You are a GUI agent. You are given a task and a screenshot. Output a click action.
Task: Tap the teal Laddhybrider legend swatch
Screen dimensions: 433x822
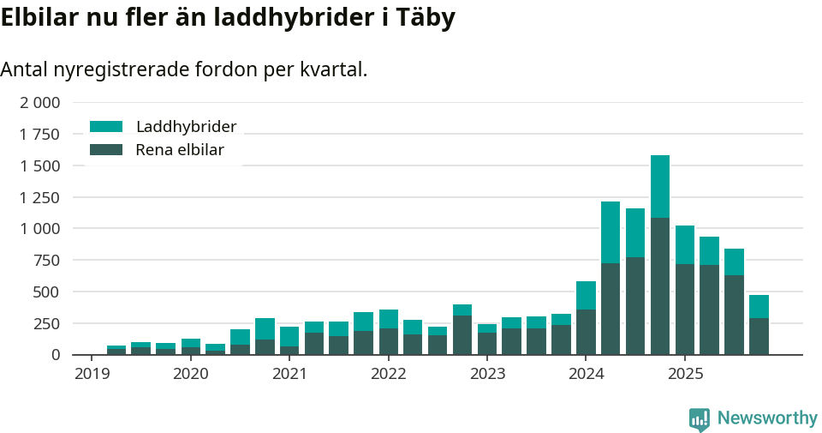coord(106,127)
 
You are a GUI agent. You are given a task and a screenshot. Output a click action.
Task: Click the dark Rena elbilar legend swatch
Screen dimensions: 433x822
coord(106,150)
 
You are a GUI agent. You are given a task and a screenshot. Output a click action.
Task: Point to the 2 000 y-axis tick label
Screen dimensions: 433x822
coord(40,103)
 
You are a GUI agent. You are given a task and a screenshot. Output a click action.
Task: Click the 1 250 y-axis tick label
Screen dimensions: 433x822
coord(40,197)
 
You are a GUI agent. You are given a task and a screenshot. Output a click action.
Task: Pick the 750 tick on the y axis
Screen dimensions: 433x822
coord(47,261)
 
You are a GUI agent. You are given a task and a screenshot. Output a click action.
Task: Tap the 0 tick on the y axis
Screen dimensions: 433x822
coord(56,355)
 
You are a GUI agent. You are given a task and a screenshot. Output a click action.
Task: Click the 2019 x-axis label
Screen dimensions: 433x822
coord(92,374)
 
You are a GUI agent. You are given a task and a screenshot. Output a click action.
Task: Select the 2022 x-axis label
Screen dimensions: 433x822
coord(389,374)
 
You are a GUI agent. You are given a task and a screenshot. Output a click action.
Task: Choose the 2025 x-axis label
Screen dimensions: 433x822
coord(685,374)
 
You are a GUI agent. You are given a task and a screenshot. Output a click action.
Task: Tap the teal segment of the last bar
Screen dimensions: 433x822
coord(759,306)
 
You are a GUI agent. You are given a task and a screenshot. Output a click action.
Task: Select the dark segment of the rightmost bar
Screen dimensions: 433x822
coord(759,336)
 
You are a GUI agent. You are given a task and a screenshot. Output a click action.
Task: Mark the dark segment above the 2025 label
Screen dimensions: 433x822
coord(685,309)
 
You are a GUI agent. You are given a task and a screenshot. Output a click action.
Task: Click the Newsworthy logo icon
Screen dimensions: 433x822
coord(700,418)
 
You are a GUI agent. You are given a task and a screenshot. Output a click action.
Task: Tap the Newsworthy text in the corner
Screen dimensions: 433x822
coord(767,418)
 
